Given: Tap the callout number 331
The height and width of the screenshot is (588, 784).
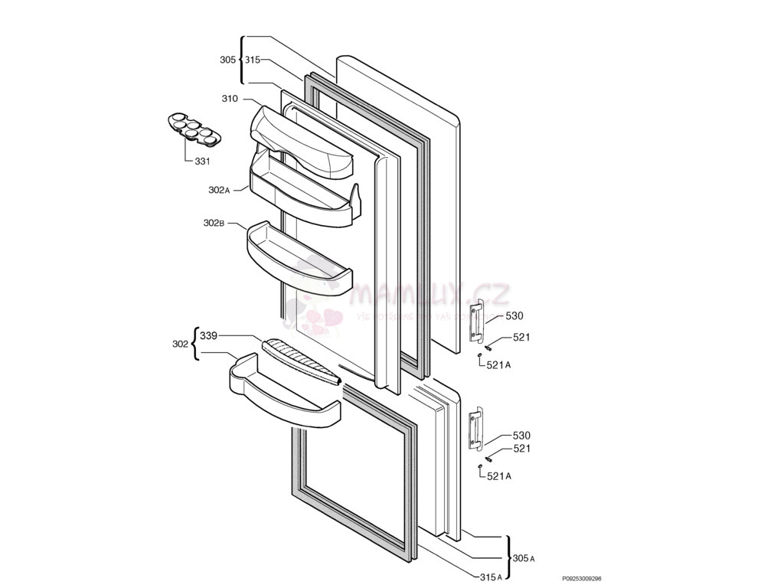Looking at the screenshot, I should [202, 162].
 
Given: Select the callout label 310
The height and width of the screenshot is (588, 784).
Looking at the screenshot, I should [230, 99].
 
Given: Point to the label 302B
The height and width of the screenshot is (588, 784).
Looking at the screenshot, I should [214, 223].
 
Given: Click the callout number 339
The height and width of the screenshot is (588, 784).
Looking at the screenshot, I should [208, 335].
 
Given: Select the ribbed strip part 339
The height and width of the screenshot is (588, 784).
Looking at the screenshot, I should [301, 361].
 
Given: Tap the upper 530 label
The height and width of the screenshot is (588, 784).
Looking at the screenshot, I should [514, 316].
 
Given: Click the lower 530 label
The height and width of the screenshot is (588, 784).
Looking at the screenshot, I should [521, 436].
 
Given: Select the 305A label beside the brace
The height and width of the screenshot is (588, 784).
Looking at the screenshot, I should [524, 559].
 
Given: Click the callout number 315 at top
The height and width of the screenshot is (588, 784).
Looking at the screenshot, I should [253, 60].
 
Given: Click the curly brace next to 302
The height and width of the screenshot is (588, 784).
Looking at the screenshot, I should [194, 344].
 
